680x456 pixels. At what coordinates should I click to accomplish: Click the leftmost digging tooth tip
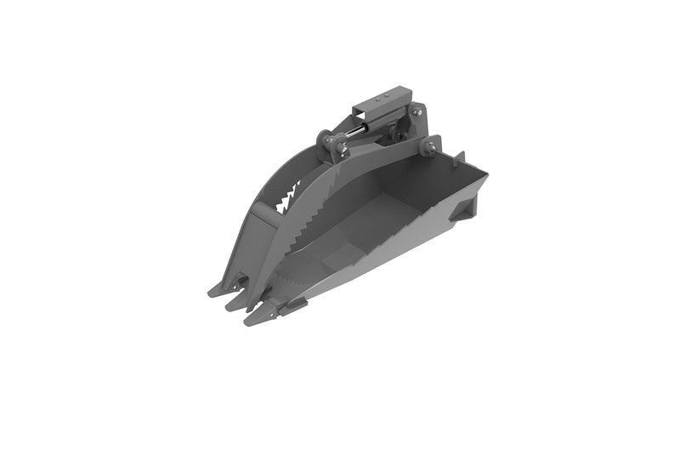[212, 291]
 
